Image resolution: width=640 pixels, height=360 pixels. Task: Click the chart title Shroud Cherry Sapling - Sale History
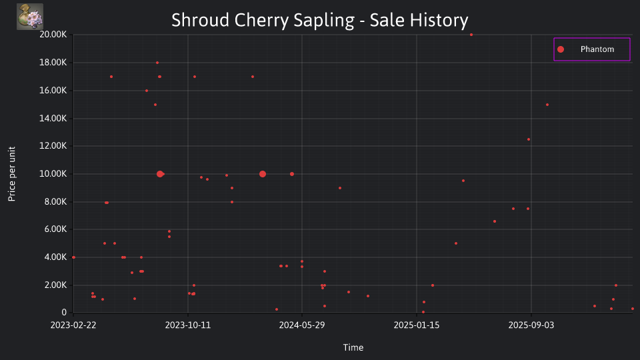(x=319, y=20)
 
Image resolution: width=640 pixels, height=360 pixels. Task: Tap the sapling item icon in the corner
(x=30, y=17)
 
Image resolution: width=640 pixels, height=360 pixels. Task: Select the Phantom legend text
(x=597, y=49)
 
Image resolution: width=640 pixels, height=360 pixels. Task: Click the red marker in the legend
(x=561, y=49)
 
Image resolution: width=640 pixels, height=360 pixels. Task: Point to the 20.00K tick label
(x=53, y=34)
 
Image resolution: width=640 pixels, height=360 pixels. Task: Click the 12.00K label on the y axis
(x=53, y=146)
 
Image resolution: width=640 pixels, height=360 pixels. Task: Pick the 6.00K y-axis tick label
(x=55, y=229)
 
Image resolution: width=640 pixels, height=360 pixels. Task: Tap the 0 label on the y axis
(x=64, y=312)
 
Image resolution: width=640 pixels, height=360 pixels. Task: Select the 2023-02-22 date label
(x=73, y=325)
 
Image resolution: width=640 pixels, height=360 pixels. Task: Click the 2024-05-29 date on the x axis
(x=302, y=325)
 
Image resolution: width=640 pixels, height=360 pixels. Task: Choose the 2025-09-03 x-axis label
(x=531, y=325)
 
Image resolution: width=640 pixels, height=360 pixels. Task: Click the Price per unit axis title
(x=12, y=174)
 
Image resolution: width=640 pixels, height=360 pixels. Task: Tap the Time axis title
(x=353, y=347)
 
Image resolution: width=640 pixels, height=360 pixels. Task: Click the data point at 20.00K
(x=471, y=35)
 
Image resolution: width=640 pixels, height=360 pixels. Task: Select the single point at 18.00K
(x=157, y=63)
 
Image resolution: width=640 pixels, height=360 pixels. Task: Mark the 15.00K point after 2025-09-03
(x=547, y=105)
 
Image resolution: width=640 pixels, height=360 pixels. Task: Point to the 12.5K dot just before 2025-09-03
(x=529, y=139)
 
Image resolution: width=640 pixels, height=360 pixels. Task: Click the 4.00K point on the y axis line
(x=73, y=257)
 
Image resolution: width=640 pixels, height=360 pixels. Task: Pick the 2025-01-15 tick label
(x=417, y=325)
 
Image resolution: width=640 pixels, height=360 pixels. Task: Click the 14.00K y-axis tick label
(x=53, y=118)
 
